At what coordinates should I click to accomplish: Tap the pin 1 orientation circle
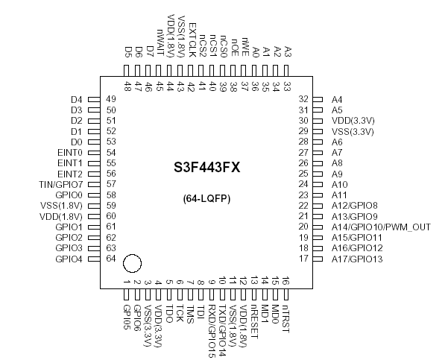[x=131, y=263]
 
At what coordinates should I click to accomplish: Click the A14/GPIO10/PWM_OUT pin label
[x=381, y=227]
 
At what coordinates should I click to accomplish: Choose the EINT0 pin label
[x=69, y=152]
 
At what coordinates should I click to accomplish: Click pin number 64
[x=111, y=259]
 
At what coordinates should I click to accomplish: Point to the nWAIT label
[x=160, y=42]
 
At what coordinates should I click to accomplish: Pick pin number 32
[x=303, y=99]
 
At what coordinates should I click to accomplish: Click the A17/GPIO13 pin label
[x=357, y=259]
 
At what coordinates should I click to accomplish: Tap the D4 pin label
[x=76, y=100]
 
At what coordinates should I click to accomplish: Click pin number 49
[x=111, y=100]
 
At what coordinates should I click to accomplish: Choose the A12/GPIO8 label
[x=355, y=206]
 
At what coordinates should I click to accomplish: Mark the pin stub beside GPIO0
[x=94, y=195]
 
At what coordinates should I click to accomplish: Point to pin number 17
[x=303, y=259]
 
